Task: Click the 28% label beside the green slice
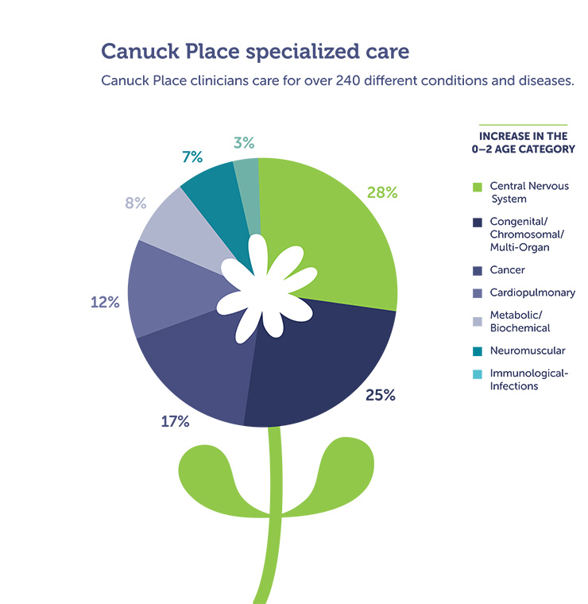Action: [382, 192]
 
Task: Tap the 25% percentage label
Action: [381, 395]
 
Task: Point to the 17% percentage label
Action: [175, 421]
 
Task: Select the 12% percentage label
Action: [105, 302]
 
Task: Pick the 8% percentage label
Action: [136, 203]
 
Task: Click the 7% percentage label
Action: [192, 157]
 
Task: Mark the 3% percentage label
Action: [244, 142]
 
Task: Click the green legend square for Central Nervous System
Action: [477, 188]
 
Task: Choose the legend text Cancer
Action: [507, 270]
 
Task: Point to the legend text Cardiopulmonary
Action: [532, 292]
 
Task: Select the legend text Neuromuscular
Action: [528, 350]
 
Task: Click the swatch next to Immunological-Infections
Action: [477, 374]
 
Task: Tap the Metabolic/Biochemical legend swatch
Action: [477, 322]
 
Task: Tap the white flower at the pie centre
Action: [266, 289]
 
